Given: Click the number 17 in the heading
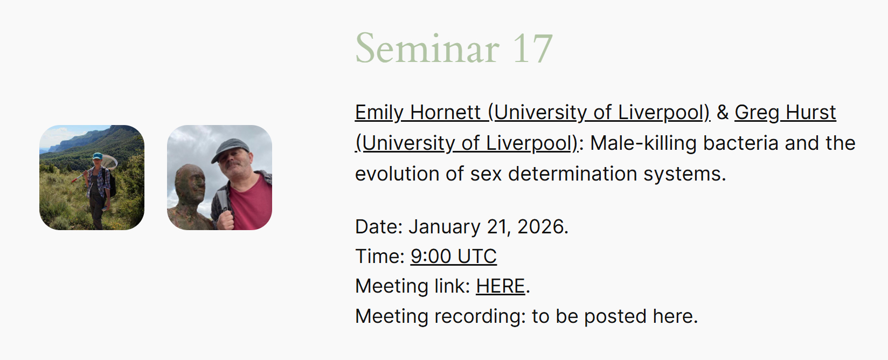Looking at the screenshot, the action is (x=533, y=49).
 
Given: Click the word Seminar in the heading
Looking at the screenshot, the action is (x=427, y=49).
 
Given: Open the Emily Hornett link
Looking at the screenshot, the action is (x=532, y=113).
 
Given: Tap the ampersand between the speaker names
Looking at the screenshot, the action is (x=722, y=113).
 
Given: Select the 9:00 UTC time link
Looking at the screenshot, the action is (x=454, y=256).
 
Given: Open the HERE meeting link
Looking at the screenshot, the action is (x=500, y=286).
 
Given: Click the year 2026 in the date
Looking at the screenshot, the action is (x=541, y=227).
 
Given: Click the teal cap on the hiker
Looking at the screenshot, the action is (x=97, y=156).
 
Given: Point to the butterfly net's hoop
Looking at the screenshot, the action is (x=109, y=161).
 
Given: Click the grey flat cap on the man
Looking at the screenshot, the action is (x=230, y=149).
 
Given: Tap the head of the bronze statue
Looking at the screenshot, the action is (x=190, y=184).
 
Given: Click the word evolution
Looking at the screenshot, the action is (x=397, y=174).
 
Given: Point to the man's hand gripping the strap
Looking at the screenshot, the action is (x=226, y=220).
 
